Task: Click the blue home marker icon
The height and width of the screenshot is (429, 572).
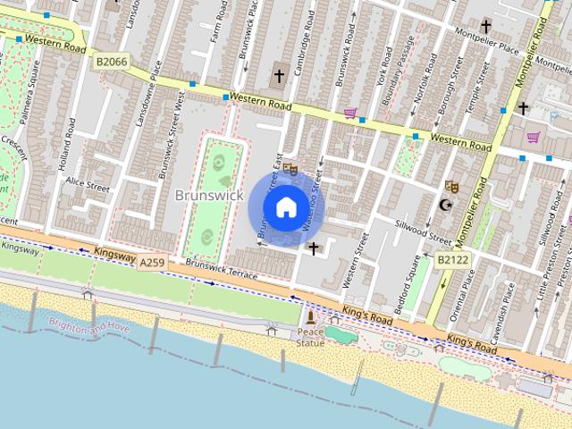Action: pyautogui.click(x=286, y=207)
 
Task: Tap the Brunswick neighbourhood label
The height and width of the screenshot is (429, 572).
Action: pyautogui.click(x=209, y=194)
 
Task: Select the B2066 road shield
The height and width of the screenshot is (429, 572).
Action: pyautogui.click(x=111, y=60)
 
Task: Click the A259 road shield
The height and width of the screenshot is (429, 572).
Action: pyautogui.click(x=152, y=261)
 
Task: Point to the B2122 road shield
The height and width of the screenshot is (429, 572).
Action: pyautogui.click(x=452, y=259)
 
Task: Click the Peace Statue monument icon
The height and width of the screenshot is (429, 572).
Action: pyautogui.click(x=310, y=317)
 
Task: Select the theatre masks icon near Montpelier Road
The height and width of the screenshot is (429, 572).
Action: pyautogui.click(x=451, y=187)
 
